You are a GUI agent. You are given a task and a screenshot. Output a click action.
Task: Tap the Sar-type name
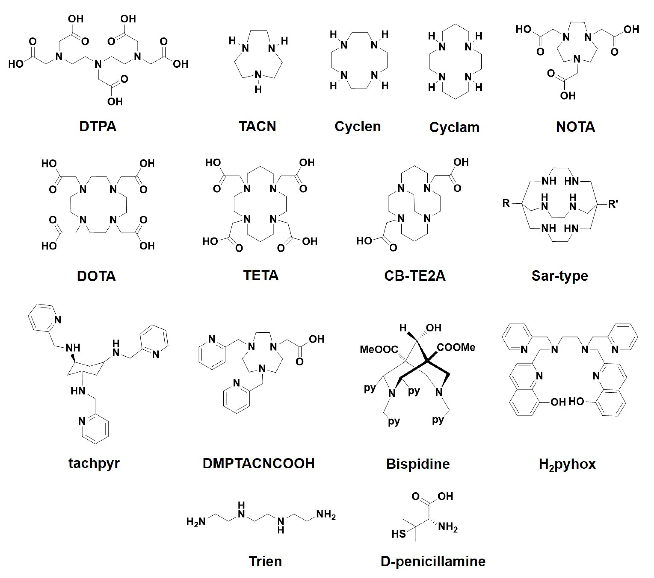point(560,276)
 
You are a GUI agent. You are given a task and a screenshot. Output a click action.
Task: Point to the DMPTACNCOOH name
point(259,463)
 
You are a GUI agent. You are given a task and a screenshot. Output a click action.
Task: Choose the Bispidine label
point(418,464)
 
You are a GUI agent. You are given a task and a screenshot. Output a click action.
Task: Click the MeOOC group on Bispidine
point(379,349)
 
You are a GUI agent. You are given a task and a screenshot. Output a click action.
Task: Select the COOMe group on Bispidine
point(456,347)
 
